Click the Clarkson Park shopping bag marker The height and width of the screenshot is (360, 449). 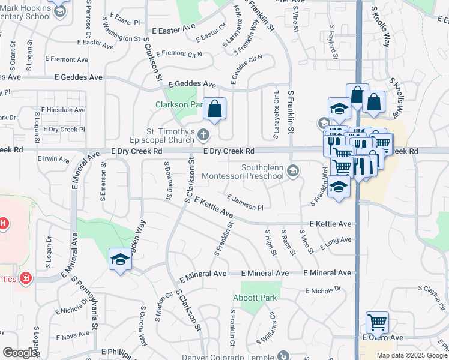[214, 109]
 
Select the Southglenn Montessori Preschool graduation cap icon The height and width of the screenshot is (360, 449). [292, 170]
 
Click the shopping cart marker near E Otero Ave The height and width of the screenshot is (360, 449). [377, 323]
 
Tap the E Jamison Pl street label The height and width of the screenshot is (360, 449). [245, 202]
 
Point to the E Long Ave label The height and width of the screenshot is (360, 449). [336, 244]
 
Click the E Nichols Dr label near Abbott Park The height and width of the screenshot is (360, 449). [322, 291]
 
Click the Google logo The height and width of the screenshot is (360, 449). [20, 353]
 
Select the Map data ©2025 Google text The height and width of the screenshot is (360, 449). [412, 355]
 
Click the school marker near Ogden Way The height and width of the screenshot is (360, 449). [120, 260]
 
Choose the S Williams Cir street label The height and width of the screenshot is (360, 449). [266, 327]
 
